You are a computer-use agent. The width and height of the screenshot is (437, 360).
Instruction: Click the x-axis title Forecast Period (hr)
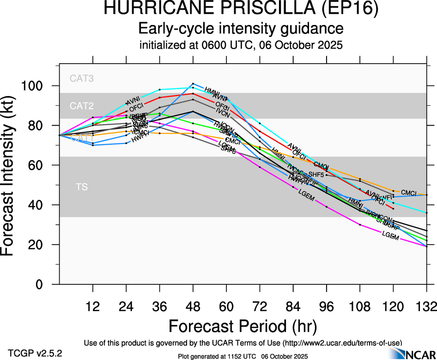243,326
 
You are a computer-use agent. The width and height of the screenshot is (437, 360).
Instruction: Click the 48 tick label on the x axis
193,306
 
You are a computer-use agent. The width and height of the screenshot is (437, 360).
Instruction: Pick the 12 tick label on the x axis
93,306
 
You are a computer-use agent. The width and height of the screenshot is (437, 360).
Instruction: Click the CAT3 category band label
82,78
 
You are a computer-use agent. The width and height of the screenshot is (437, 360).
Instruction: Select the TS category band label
82,187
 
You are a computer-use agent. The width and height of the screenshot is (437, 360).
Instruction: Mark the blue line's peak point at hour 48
193,84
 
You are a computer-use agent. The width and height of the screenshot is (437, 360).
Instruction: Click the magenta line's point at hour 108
360,224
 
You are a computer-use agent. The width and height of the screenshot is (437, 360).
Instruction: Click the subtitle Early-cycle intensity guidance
241,29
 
